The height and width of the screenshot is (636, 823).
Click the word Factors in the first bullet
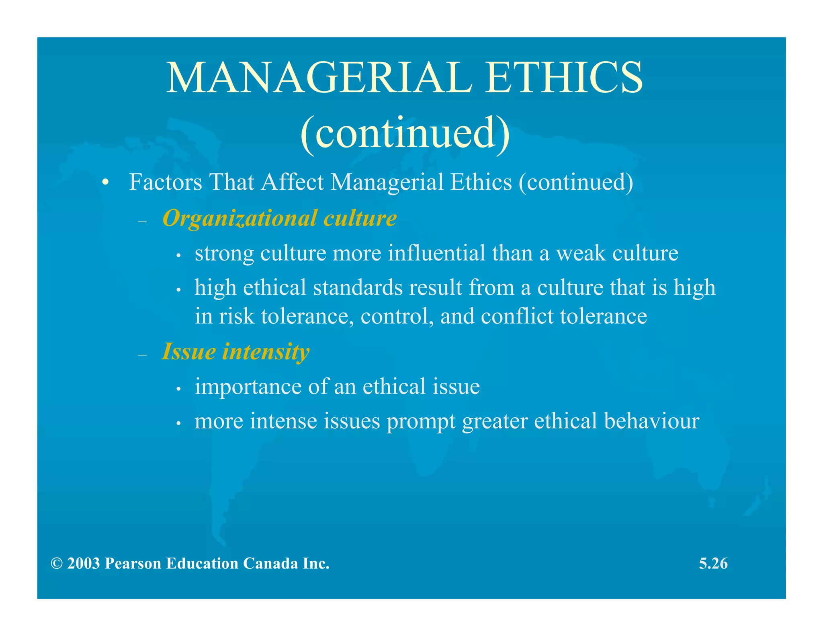pyautogui.click(x=166, y=182)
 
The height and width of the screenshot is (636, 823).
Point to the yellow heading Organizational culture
pyautogui.click(x=280, y=218)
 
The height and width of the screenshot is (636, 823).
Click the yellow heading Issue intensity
pyautogui.click(x=235, y=352)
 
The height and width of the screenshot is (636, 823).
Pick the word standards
pyautogui.click(x=358, y=288)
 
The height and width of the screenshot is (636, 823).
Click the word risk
pyautogui.click(x=237, y=316)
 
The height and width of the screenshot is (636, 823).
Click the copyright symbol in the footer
pyautogui.click(x=57, y=564)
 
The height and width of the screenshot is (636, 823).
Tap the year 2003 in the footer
pyautogui.click(x=84, y=564)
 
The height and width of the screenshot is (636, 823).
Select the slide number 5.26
pyautogui.click(x=713, y=564)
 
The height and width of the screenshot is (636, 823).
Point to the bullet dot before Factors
pyautogui.click(x=105, y=183)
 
